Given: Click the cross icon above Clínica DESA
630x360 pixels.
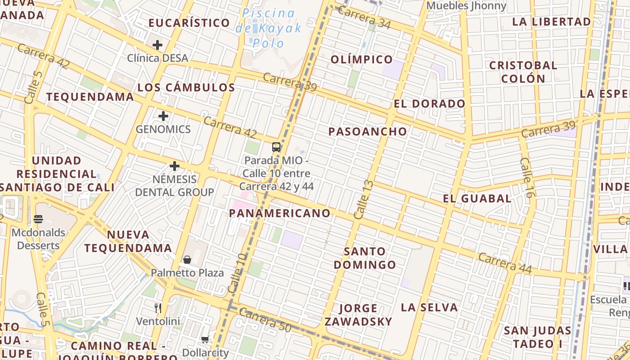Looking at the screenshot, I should (x=157, y=45).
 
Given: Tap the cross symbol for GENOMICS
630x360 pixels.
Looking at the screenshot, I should (x=163, y=116).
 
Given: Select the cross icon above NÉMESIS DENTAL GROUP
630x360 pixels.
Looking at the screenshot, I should (x=174, y=166).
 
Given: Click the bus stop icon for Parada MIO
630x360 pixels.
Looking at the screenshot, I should (x=276, y=147).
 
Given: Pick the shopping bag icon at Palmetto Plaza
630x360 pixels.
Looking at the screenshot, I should (x=187, y=260).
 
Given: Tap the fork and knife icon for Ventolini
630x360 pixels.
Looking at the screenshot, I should (x=157, y=308).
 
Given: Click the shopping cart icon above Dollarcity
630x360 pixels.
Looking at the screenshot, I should (x=205, y=339).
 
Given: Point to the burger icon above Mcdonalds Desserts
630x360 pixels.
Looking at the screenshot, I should (x=38, y=219).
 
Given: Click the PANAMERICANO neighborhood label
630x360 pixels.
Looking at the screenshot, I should (x=280, y=213).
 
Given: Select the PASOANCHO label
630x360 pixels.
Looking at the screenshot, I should (x=368, y=131).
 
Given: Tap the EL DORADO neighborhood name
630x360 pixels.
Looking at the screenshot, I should (x=429, y=104).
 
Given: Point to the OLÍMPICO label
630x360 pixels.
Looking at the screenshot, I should (x=362, y=59).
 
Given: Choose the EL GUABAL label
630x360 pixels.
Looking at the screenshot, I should (x=477, y=198).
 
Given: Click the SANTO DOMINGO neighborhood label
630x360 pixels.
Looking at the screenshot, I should (x=365, y=258).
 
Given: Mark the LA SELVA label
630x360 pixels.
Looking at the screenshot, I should (x=429, y=307).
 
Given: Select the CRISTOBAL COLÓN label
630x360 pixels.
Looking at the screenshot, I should (x=523, y=72).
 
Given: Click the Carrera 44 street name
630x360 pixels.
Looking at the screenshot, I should (x=505, y=263).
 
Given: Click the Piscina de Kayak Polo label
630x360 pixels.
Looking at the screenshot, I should (x=269, y=28).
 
